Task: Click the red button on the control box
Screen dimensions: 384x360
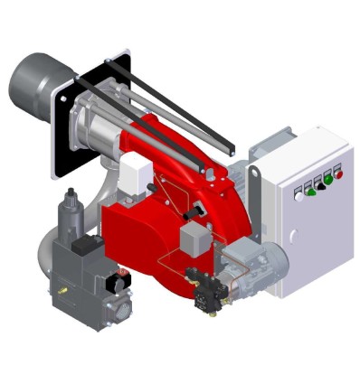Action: (x=338, y=173)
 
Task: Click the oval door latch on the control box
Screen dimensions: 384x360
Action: (x=291, y=237)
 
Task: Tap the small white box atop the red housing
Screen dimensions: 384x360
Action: (x=136, y=166)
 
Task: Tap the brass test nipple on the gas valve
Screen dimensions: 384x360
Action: (x=63, y=292)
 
